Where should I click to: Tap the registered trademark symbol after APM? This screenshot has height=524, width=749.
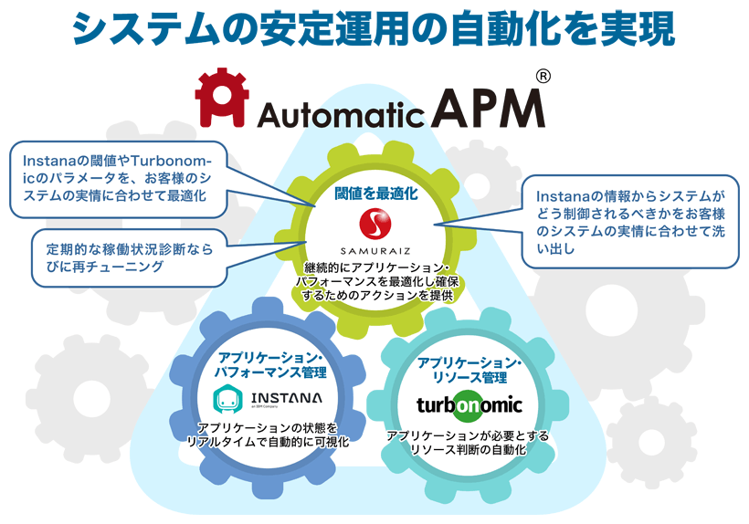click(543, 78)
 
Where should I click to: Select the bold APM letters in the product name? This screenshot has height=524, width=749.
click(489, 109)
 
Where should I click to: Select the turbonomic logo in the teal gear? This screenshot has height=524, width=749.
click(469, 404)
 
